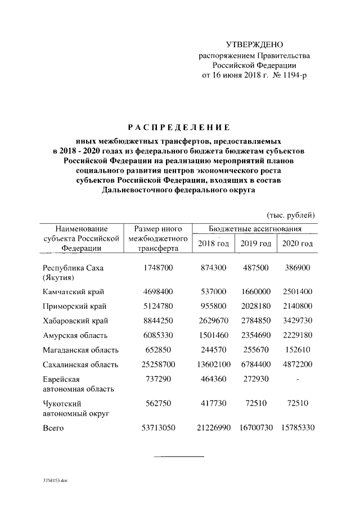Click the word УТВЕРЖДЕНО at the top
point(254,44)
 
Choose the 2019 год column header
point(256,243)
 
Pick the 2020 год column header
point(297,243)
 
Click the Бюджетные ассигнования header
point(255,229)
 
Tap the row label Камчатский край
point(73,292)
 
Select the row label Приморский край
point(75,307)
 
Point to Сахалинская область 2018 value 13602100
point(213,365)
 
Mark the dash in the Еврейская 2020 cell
point(297,380)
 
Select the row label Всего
point(53,429)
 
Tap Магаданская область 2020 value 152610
point(297,350)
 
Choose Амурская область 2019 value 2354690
point(256,336)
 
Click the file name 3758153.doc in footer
point(55,481)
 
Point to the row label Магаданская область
point(80,350)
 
